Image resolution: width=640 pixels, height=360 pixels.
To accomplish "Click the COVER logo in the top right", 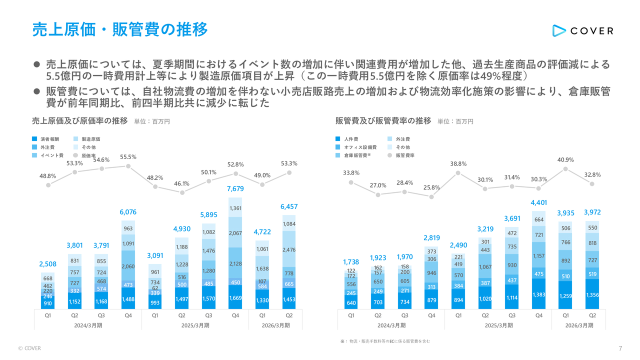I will (x=582, y=30).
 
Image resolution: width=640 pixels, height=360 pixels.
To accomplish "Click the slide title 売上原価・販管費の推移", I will (x=119, y=29).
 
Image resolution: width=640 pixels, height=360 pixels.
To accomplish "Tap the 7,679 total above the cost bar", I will (x=236, y=188).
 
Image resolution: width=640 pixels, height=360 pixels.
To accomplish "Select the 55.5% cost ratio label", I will (x=128, y=157).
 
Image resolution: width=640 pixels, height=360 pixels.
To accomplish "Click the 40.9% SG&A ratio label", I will (x=565, y=160).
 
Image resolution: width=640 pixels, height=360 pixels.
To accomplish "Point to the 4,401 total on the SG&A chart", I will (x=538, y=202).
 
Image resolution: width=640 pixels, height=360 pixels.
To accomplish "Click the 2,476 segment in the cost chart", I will (x=289, y=249).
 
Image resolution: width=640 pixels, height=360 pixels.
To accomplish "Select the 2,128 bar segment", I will (x=236, y=263).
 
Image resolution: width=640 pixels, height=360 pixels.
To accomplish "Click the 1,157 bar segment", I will (x=538, y=256).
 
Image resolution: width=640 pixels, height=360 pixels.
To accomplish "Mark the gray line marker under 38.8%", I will (x=458, y=173).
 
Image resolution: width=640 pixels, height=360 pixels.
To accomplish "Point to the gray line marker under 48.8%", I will (x=48, y=185).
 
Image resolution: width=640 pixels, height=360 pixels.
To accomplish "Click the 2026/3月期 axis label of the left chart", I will (x=276, y=325).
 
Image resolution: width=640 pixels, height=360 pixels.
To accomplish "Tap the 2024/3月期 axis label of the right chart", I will (x=391, y=325).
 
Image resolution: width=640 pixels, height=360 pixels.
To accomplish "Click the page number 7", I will (x=620, y=348).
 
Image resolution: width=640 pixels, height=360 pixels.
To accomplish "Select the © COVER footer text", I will (x=29, y=348).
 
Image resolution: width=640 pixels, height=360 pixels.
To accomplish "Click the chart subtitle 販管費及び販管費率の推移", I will (x=383, y=121).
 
